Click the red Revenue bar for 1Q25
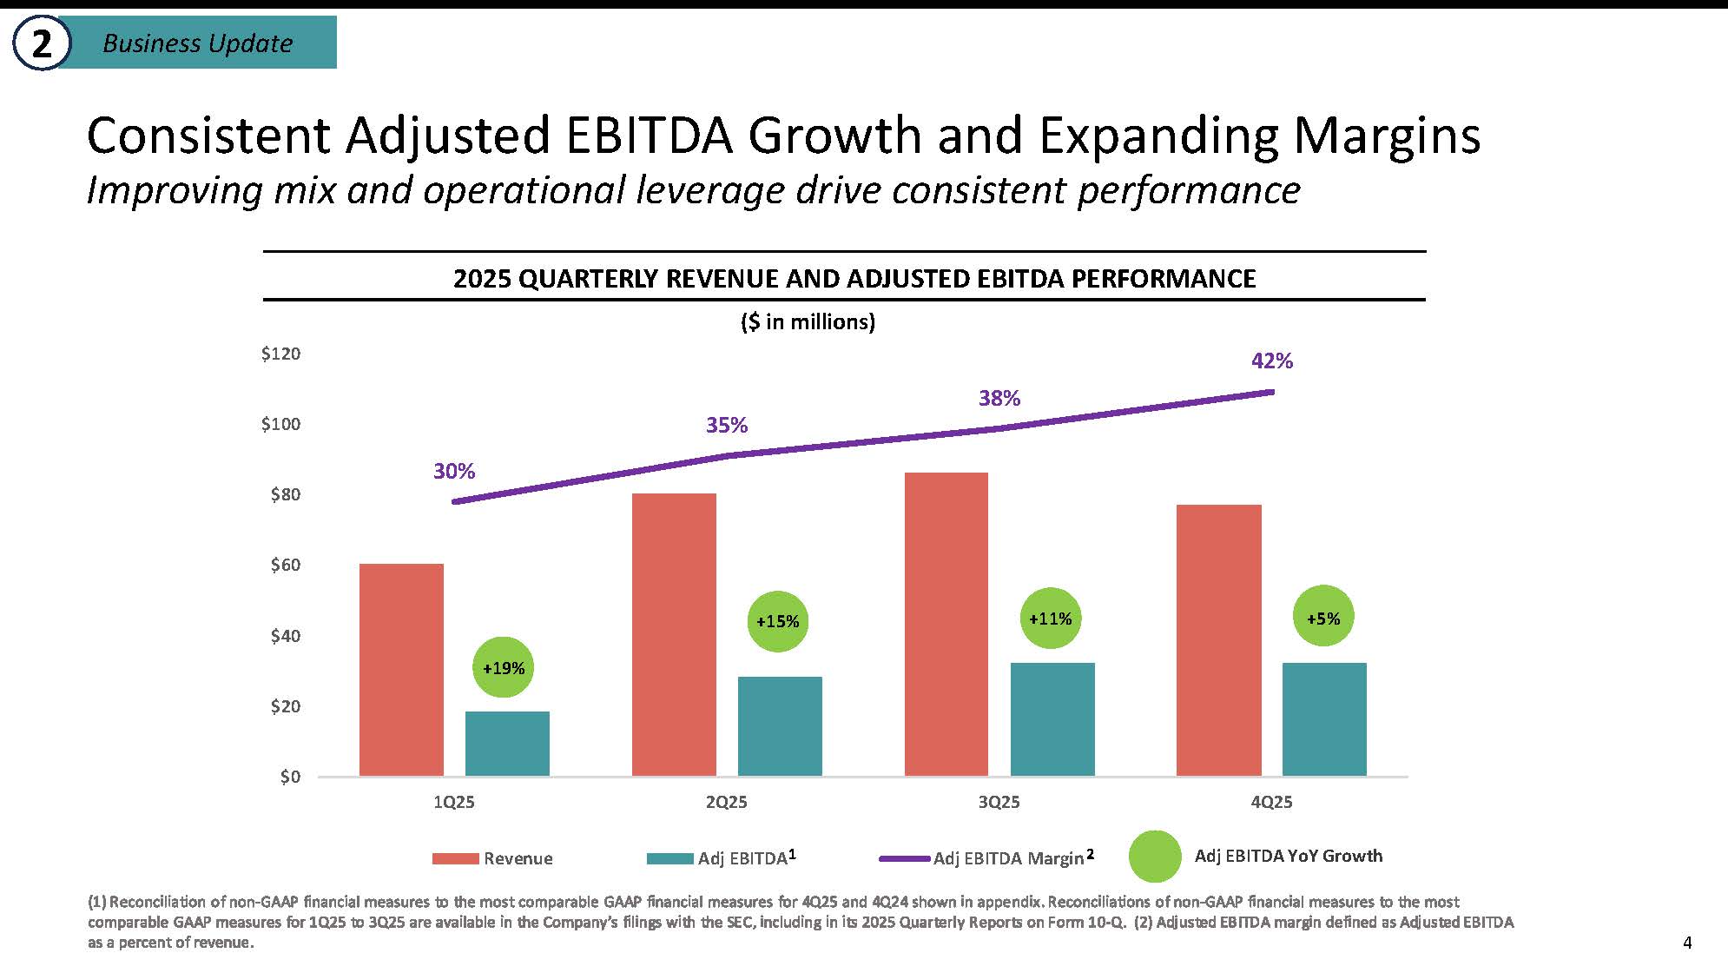(x=401, y=670)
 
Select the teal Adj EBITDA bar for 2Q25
(x=780, y=726)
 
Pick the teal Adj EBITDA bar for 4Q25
(x=1324, y=719)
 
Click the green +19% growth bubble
(x=504, y=668)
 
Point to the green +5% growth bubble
(x=1323, y=618)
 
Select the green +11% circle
(x=1051, y=619)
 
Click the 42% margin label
(x=1272, y=361)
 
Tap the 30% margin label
(x=454, y=471)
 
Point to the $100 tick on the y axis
(x=280, y=424)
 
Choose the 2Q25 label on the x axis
(x=727, y=802)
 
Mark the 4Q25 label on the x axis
(x=1271, y=802)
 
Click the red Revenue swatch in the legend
(x=456, y=858)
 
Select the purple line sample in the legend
(x=905, y=858)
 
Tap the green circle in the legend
(x=1155, y=857)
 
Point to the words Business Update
(x=198, y=43)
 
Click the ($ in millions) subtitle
(x=808, y=322)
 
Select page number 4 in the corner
(x=1687, y=943)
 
